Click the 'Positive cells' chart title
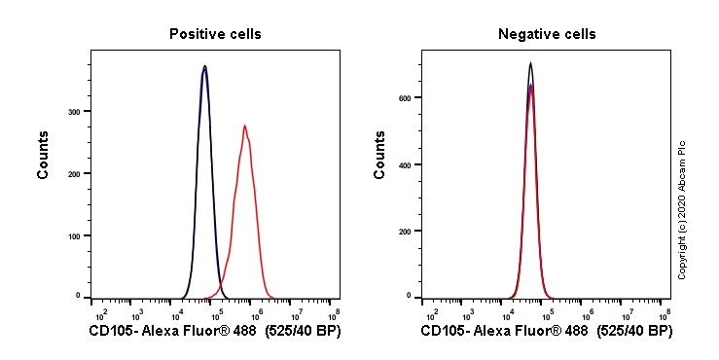click(215, 34)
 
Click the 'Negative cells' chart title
click(547, 34)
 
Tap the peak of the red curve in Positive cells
click(245, 126)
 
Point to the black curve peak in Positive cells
click(204, 66)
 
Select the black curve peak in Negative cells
click(530, 63)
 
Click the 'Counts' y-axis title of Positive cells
click(44, 155)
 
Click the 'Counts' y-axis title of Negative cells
click(380, 155)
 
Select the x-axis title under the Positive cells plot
click(214, 332)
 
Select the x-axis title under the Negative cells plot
click(547, 332)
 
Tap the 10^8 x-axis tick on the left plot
click(334, 314)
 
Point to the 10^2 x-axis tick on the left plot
click(99, 314)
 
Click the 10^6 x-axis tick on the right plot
click(588, 314)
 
